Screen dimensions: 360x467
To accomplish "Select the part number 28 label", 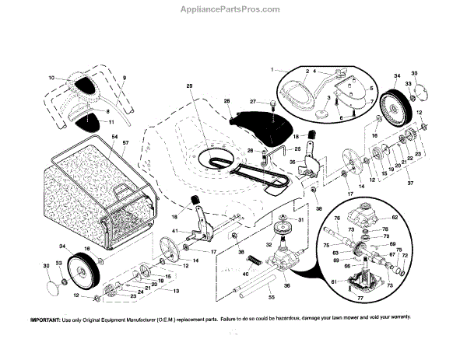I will pos(227,102).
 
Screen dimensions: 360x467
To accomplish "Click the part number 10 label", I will pos(51,79).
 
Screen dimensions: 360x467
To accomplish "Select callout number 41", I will pos(175,232).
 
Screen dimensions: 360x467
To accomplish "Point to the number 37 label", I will pos(411,183).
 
